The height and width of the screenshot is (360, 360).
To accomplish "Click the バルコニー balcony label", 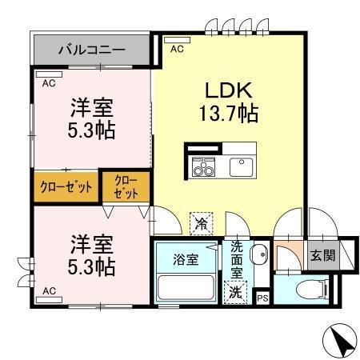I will [91, 50].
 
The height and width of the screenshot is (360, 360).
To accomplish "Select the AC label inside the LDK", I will [177, 47].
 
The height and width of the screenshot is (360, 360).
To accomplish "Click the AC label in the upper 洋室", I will [49, 82].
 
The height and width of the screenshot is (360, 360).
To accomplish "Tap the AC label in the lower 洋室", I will [49, 291].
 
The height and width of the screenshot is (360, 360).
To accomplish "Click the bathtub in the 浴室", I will [183, 287].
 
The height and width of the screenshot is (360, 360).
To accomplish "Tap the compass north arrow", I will [339, 342].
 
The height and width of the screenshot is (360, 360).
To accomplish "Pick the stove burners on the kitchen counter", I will [203, 168].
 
